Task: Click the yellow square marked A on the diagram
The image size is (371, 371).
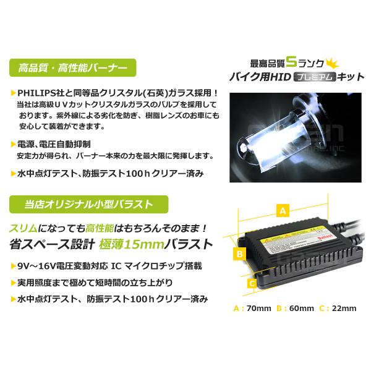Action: coord(283,209)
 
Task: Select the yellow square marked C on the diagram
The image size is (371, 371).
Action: coord(252,283)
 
